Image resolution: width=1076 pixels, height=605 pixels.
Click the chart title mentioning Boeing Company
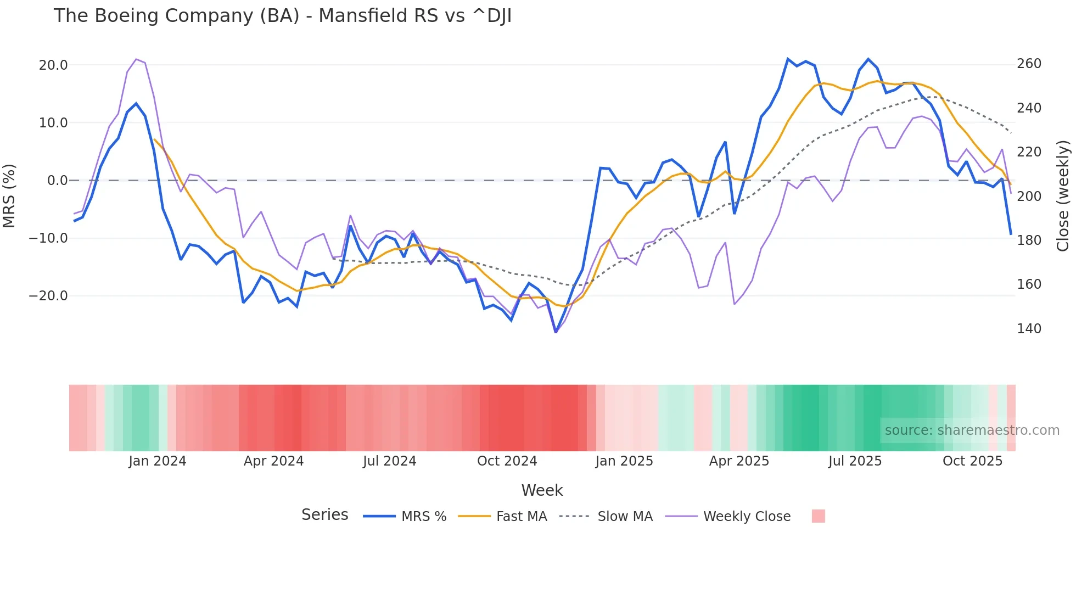click(282, 16)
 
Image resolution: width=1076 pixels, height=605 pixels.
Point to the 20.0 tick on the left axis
click(53, 65)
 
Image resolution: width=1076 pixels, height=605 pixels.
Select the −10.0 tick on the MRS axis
click(48, 238)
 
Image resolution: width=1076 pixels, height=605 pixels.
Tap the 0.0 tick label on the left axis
click(57, 181)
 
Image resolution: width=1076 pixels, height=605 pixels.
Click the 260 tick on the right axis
click(1029, 64)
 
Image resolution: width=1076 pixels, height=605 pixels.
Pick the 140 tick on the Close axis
click(1029, 329)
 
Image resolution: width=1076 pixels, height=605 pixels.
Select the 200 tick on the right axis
click(1029, 197)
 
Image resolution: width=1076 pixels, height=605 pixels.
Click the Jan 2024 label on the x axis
click(158, 461)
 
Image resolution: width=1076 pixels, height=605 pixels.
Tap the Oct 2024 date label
click(507, 461)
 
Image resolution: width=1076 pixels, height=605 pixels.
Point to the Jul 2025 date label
click(855, 461)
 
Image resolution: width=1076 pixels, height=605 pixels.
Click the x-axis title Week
click(542, 490)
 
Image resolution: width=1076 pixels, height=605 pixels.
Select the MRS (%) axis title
click(9, 195)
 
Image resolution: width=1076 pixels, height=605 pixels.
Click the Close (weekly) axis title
click(1063, 195)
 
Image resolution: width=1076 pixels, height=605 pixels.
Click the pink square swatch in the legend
click(818, 516)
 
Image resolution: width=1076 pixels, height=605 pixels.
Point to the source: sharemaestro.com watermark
click(972, 430)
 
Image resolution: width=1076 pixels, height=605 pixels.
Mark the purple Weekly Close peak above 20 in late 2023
click(136, 59)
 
